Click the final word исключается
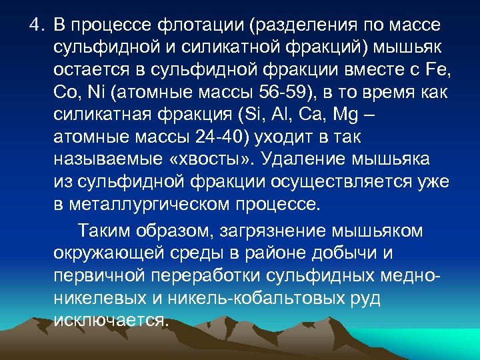coord(110,321)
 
